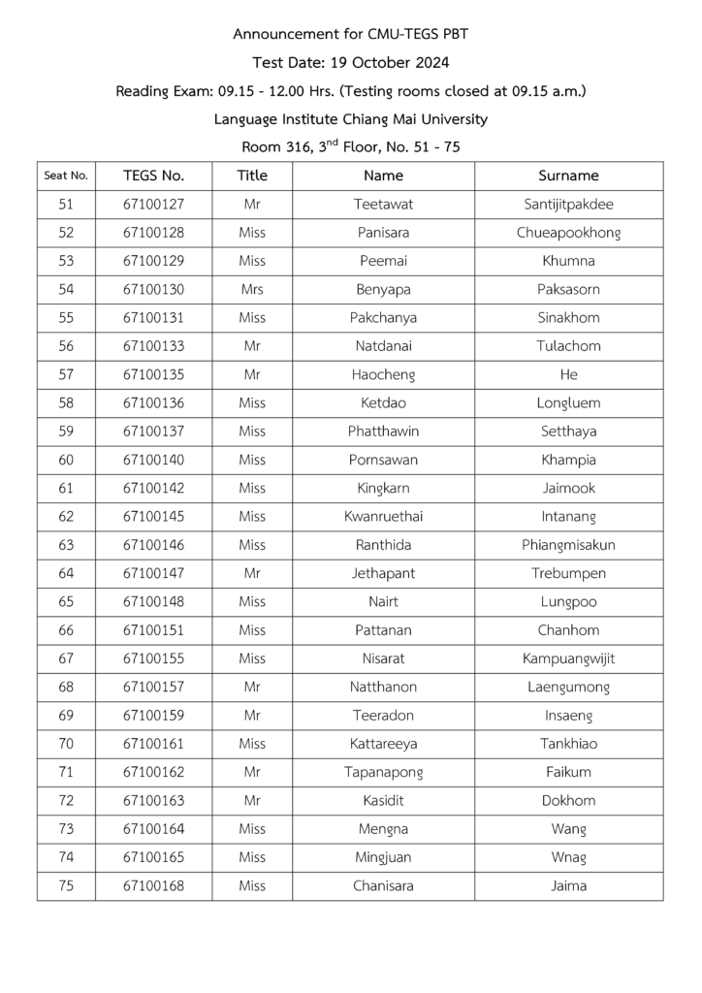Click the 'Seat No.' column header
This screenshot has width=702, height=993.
pyautogui.click(x=66, y=176)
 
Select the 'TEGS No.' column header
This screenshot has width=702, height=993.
pyautogui.click(x=153, y=176)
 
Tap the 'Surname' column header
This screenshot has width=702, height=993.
pyautogui.click(x=568, y=176)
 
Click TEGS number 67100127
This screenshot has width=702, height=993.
pyautogui.click(x=153, y=205)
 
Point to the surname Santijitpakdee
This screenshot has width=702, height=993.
pyautogui.click(x=568, y=205)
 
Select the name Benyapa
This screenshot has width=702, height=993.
pyautogui.click(x=383, y=289)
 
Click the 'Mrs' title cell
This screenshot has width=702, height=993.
pyautogui.click(x=252, y=289)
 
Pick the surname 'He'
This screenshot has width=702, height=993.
pyautogui.click(x=568, y=374)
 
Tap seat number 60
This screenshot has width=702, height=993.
pyautogui.click(x=66, y=460)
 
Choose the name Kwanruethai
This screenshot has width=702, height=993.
pyautogui.click(x=383, y=516)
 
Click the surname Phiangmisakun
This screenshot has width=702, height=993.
pyautogui.click(x=568, y=545)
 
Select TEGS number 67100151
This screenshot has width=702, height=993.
pyautogui.click(x=153, y=630)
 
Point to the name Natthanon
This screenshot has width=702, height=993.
pyautogui.click(x=383, y=687)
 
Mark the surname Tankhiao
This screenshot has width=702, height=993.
pyautogui.click(x=568, y=744)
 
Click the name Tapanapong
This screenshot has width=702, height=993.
pyautogui.click(x=383, y=772)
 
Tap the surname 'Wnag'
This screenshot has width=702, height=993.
pyautogui.click(x=568, y=857)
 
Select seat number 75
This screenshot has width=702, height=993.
pyautogui.click(x=66, y=885)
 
